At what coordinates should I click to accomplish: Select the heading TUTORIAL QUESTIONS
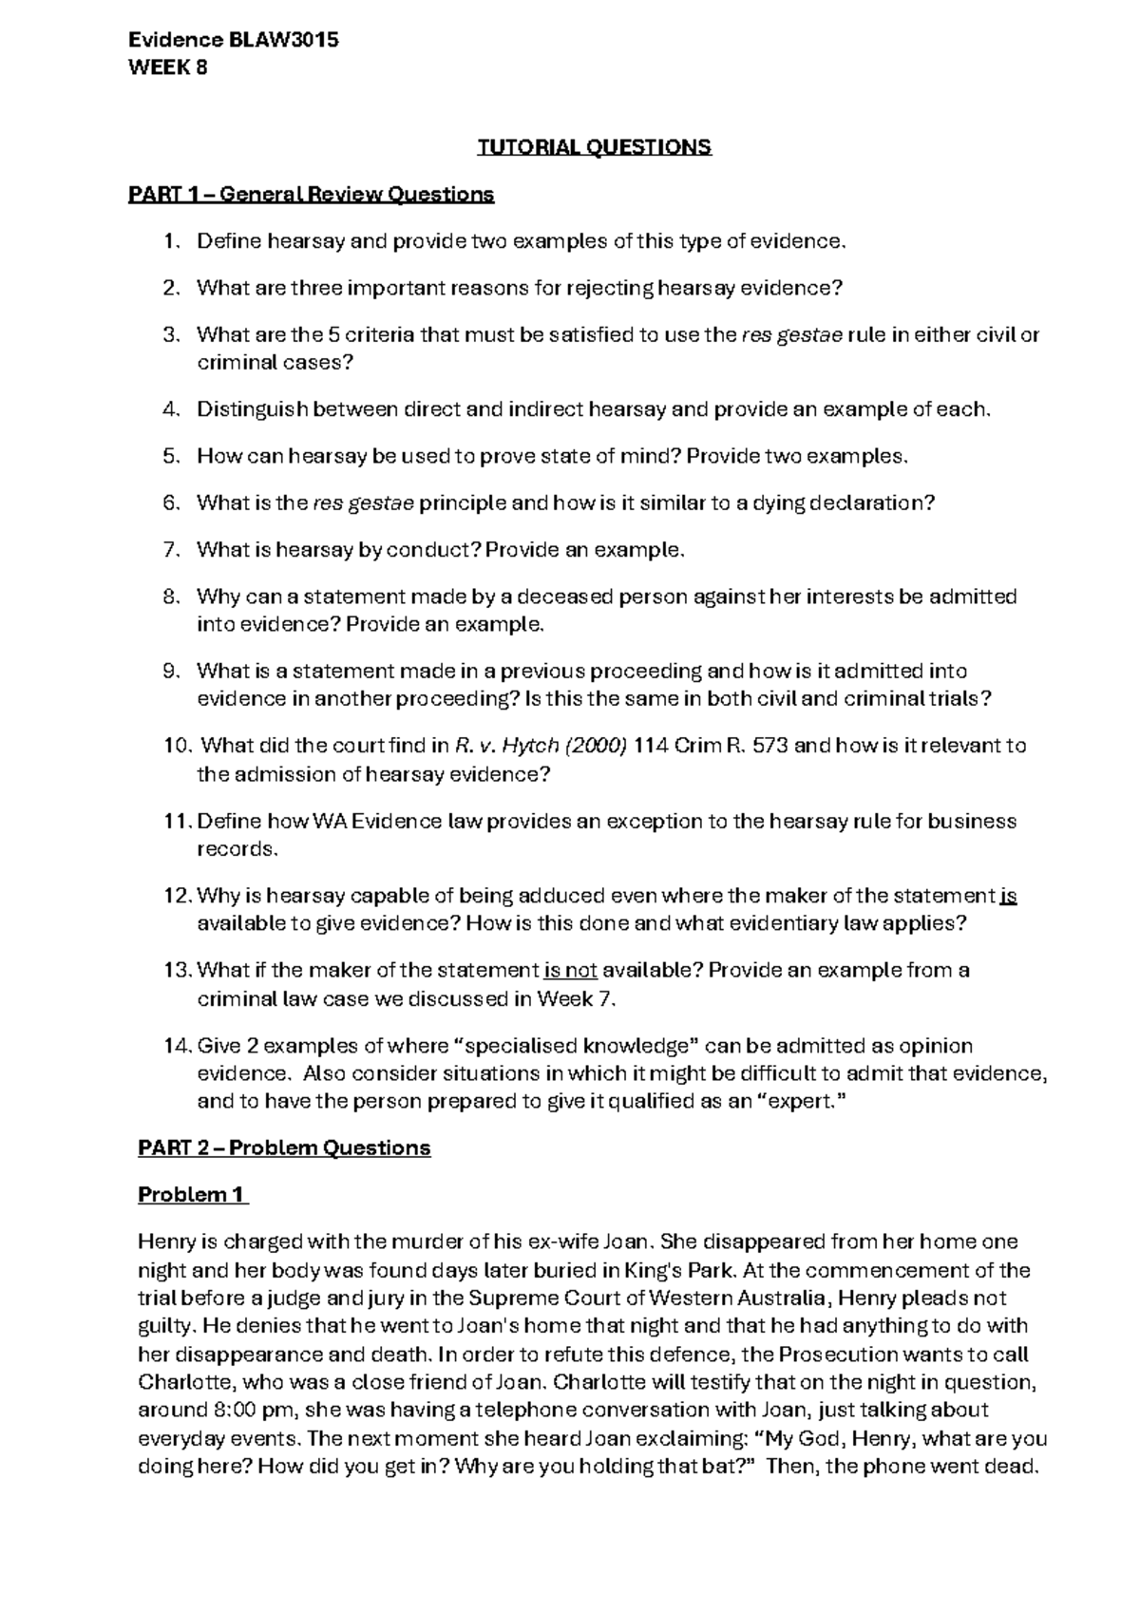[x=594, y=147]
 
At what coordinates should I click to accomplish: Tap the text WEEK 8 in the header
[x=167, y=67]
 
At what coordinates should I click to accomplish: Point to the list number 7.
[x=169, y=550]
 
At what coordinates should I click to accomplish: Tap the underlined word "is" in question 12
[x=1009, y=896]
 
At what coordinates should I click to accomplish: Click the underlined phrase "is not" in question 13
[x=570, y=971]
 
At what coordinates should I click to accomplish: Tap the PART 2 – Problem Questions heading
[x=284, y=1148]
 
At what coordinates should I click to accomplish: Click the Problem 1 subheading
[x=192, y=1195]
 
